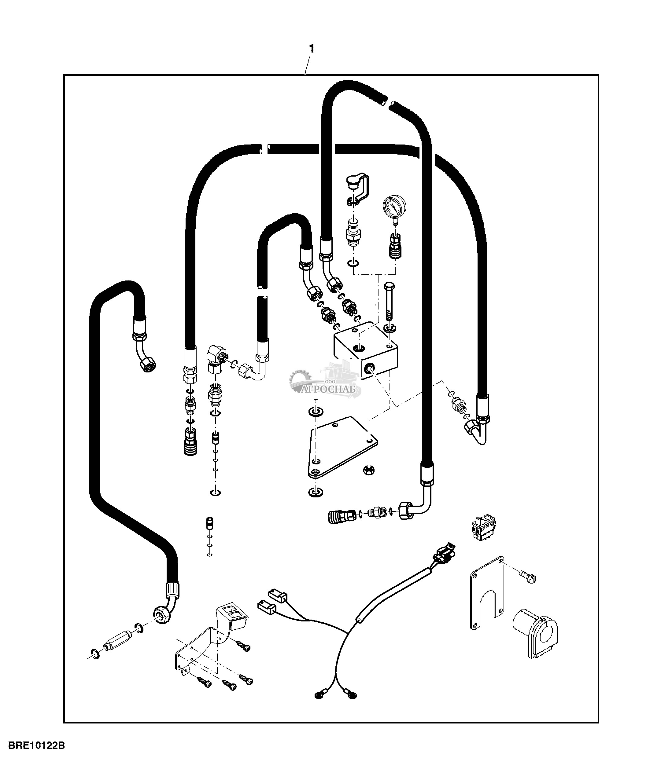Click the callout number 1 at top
(312, 49)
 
